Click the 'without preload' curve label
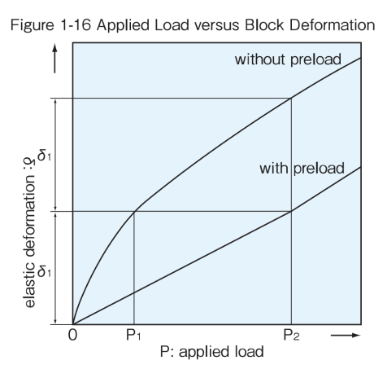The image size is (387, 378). tap(288, 59)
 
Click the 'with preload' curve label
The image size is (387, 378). tap(302, 169)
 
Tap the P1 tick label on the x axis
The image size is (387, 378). tap(133, 335)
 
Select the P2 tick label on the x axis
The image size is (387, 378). tap(291, 335)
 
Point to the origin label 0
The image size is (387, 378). tap(72, 335)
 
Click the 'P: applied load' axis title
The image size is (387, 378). tap(212, 352)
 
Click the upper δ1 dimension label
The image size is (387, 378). tap(45, 156)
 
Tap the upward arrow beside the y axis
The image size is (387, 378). tap(54, 59)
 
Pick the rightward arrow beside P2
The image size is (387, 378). tap(346, 336)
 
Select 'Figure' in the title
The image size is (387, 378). tap(32, 26)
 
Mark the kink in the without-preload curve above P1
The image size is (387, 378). tap(135, 211)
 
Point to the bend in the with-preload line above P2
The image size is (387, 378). tap(291, 211)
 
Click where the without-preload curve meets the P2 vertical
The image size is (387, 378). tap(291, 98)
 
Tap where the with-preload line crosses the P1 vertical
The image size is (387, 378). tap(134, 292)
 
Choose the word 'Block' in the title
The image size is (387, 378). tap(264, 25)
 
